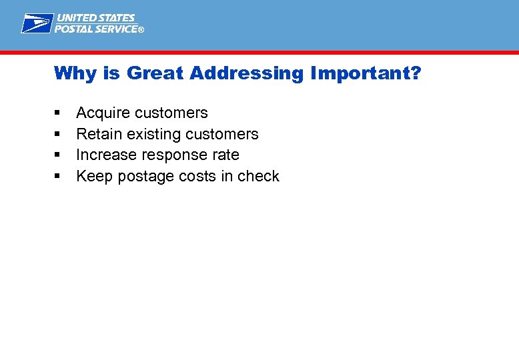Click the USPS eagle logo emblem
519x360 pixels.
point(37,23)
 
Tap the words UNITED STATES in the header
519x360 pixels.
point(95,18)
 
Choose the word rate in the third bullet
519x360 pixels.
point(225,155)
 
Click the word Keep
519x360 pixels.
point(94,177)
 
